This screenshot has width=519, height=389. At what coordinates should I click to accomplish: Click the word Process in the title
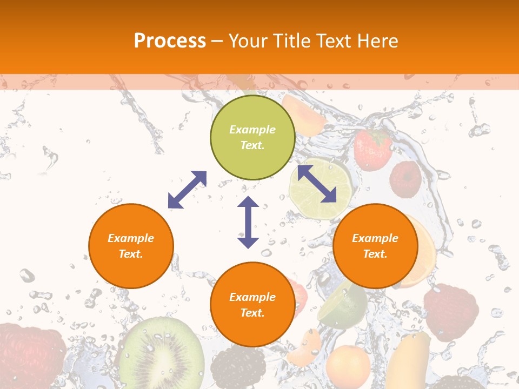click(x=170, y=41)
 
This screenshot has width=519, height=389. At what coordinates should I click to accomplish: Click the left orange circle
click(x=131, y=246)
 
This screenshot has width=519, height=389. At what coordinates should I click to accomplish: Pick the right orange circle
click(x=375, y=246)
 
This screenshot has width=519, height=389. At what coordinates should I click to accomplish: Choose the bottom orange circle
click(x=252, y=305)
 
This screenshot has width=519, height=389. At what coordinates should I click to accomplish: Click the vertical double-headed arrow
click(x=248, y=222)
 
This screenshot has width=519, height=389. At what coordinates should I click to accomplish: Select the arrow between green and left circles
click(x=187, y=189)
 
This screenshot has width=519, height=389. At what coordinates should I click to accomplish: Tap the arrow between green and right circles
click(x=317, y=184)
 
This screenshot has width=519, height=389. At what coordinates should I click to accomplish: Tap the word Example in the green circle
click(x=252, y=130)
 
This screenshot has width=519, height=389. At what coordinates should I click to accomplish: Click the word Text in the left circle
click(x=131, y=254)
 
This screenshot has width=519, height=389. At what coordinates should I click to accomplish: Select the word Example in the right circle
click(x=375, y=238)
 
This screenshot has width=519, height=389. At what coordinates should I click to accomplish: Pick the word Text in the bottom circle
click(x=252, y=313)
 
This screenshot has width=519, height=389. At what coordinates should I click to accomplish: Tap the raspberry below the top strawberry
click(x=405, y=178)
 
